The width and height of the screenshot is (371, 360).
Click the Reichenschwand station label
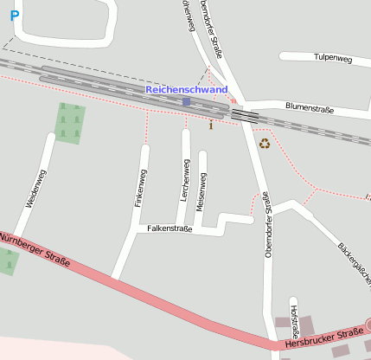click(x=187, y=90)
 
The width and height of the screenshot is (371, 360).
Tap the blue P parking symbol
click(x=15, y=16)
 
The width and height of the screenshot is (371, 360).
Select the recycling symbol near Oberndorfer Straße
click(x=265, y=144)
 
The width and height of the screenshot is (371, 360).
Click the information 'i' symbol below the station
click(x=211, y=125)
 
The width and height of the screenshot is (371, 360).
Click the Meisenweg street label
click(x=201, y=192)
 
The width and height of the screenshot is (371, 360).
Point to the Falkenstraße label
click(x=170, y=228)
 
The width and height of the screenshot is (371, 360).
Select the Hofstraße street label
click(x=294, y=320)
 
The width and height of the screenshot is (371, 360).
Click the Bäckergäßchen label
click(x=354, y=264)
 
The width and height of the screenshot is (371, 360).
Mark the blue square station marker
click(x=186, y=102)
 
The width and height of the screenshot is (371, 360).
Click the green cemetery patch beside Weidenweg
click(x=70, y=123)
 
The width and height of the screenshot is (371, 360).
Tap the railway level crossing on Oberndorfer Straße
click(x=245, y=115)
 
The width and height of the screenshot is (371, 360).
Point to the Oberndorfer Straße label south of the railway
click(x=268, y=226)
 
